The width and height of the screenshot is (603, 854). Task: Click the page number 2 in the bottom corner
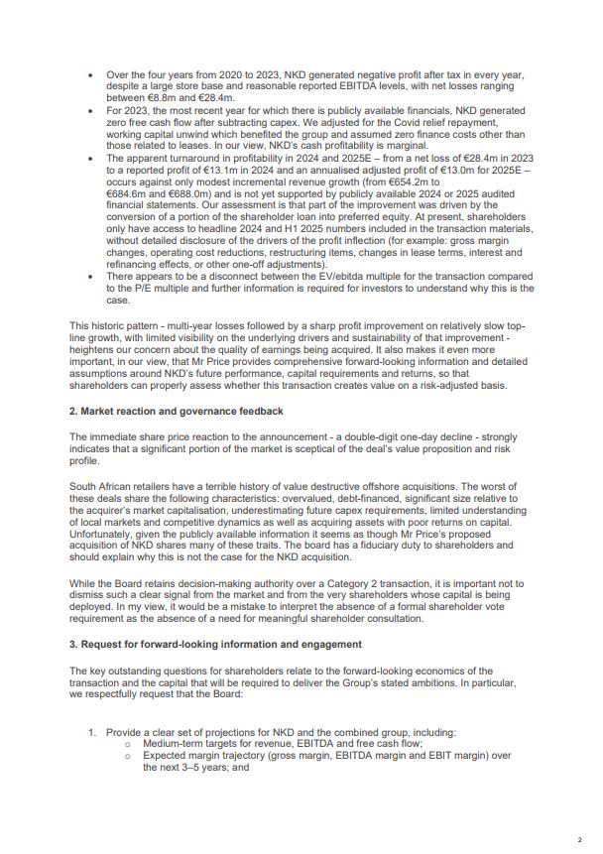point(579,837)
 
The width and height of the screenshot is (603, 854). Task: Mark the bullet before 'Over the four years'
point(90,75)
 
